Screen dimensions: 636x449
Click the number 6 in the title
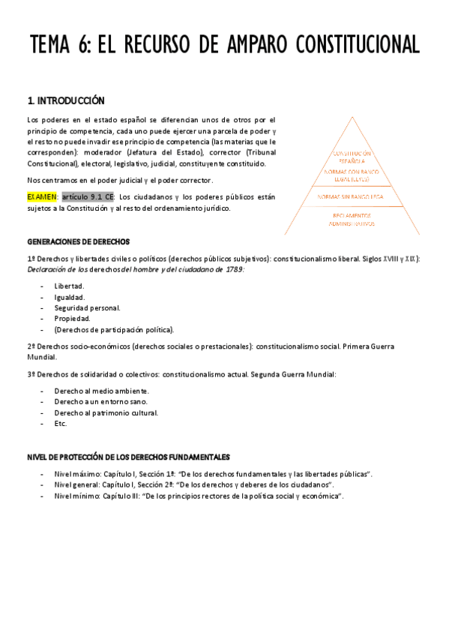82,44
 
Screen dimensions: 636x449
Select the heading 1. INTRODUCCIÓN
66,100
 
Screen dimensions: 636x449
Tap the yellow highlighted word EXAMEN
42,196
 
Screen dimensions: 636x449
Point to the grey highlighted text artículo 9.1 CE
88,196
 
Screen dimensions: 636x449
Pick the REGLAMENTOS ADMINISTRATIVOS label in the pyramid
351,220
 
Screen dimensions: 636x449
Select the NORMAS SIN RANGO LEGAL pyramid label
351,196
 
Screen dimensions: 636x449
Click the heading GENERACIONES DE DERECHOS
79,241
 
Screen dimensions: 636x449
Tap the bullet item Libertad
69,286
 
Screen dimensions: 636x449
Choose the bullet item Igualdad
69,297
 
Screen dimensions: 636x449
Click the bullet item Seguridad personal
87,307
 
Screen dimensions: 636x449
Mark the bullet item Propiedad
72,318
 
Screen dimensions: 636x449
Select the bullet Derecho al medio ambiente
101,391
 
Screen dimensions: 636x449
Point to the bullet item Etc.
61,423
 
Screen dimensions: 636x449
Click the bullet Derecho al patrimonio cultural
106,412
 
